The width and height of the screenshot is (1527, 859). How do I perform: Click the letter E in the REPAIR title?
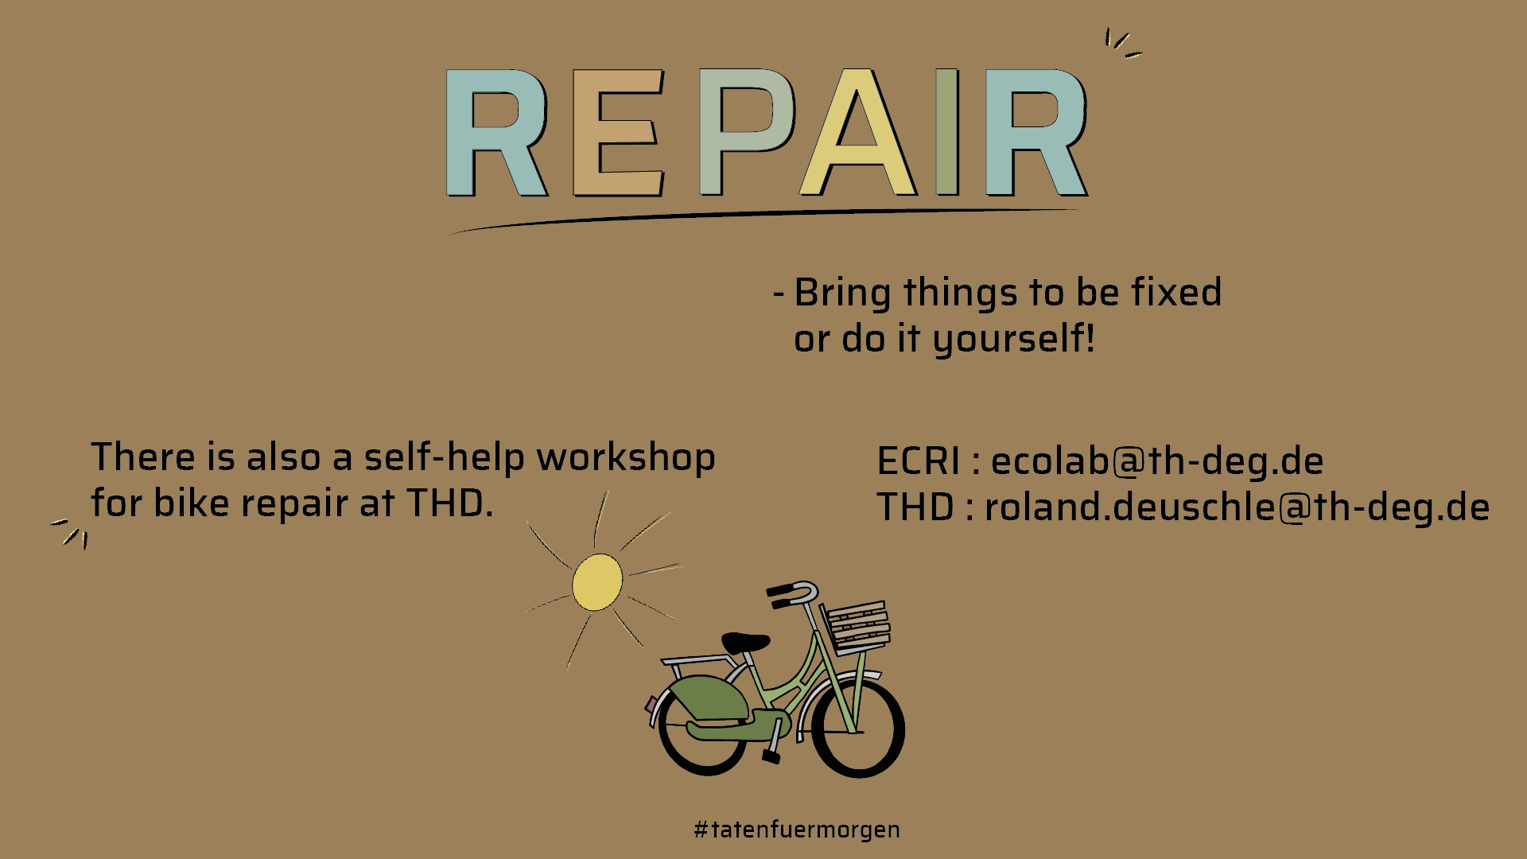pos(619,133)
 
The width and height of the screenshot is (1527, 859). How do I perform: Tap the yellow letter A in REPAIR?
pos(859,133)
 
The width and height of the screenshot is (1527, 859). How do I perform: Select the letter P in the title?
pos(747,133)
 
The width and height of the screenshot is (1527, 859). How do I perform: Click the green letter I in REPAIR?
pos(947,133)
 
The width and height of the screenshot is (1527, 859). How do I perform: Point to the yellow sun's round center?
pos(597,582)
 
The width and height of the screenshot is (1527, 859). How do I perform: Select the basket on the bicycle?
pos(857,628)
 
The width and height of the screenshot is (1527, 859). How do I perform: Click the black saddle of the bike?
pos(745,643)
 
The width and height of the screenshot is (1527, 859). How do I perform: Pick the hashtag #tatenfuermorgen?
pos(797,830)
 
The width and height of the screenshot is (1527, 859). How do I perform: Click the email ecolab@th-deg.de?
pos(1157,461)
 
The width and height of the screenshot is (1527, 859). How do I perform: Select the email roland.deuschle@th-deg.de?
pos(1237,507)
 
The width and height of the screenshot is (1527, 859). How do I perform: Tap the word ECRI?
pos(919,461)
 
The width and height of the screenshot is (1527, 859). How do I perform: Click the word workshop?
pos(626,458)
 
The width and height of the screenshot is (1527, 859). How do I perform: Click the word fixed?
pos(1176,292)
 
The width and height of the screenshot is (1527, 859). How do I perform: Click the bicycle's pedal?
pos(771,756)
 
